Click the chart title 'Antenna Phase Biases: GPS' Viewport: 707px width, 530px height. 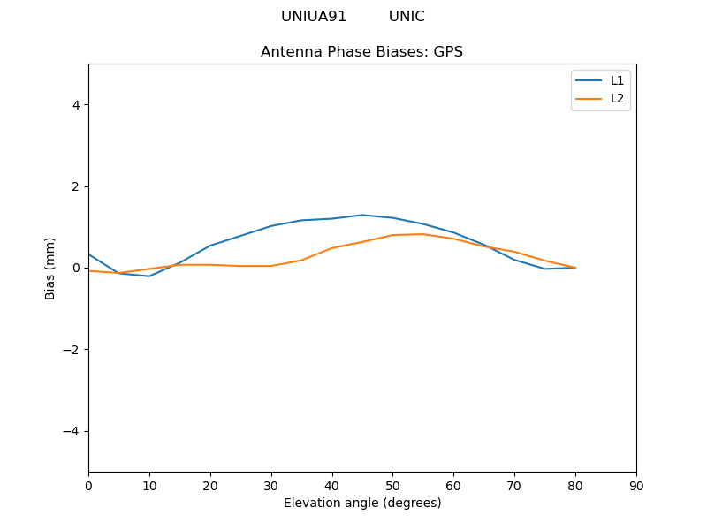(361, 52)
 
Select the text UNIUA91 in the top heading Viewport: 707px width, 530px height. (314, 17)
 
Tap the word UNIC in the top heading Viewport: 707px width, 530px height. (407, 17)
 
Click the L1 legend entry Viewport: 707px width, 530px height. (617, 80)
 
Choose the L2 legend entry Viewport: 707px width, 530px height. (617, 98)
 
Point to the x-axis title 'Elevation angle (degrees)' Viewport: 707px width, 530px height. (362, 503)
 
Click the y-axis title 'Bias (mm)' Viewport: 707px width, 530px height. (50, 268)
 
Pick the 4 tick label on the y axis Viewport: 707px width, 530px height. (76, 105)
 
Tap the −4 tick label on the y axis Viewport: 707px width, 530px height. (72, 431)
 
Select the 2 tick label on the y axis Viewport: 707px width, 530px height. (76, 186)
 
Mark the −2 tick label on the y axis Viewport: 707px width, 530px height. (72, 350)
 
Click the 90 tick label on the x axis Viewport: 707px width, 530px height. (636, 486)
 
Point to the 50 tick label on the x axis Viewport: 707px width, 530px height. (392, 486)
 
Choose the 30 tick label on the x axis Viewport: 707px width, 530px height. (271, 486)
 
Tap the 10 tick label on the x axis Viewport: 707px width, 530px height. (149, 486)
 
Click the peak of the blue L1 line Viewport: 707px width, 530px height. (362, 215)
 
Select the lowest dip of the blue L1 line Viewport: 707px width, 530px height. (149, 276)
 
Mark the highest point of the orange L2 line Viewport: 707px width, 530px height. (423, 234)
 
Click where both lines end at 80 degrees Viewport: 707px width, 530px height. (575, 268)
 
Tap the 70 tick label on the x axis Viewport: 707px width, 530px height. (514, 486)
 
